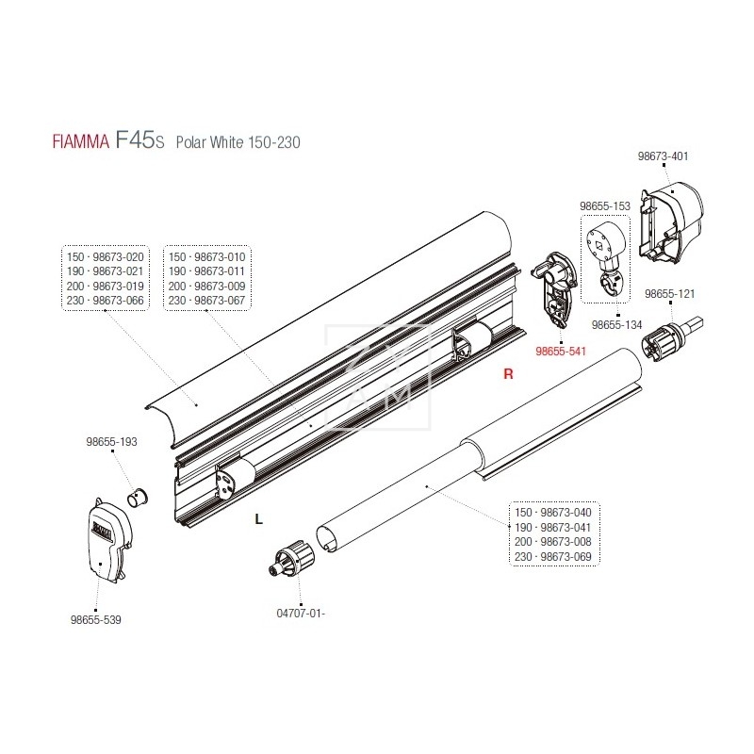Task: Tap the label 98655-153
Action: pos(604,205)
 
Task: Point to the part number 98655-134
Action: pos(617,324)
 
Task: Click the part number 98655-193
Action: pos(111,441)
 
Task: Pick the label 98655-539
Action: pos(95,619)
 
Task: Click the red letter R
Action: pos(508,374)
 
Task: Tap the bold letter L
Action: pos(258,518)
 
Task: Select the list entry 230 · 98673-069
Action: pos(554,557)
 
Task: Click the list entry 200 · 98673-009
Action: pos(205,287)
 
